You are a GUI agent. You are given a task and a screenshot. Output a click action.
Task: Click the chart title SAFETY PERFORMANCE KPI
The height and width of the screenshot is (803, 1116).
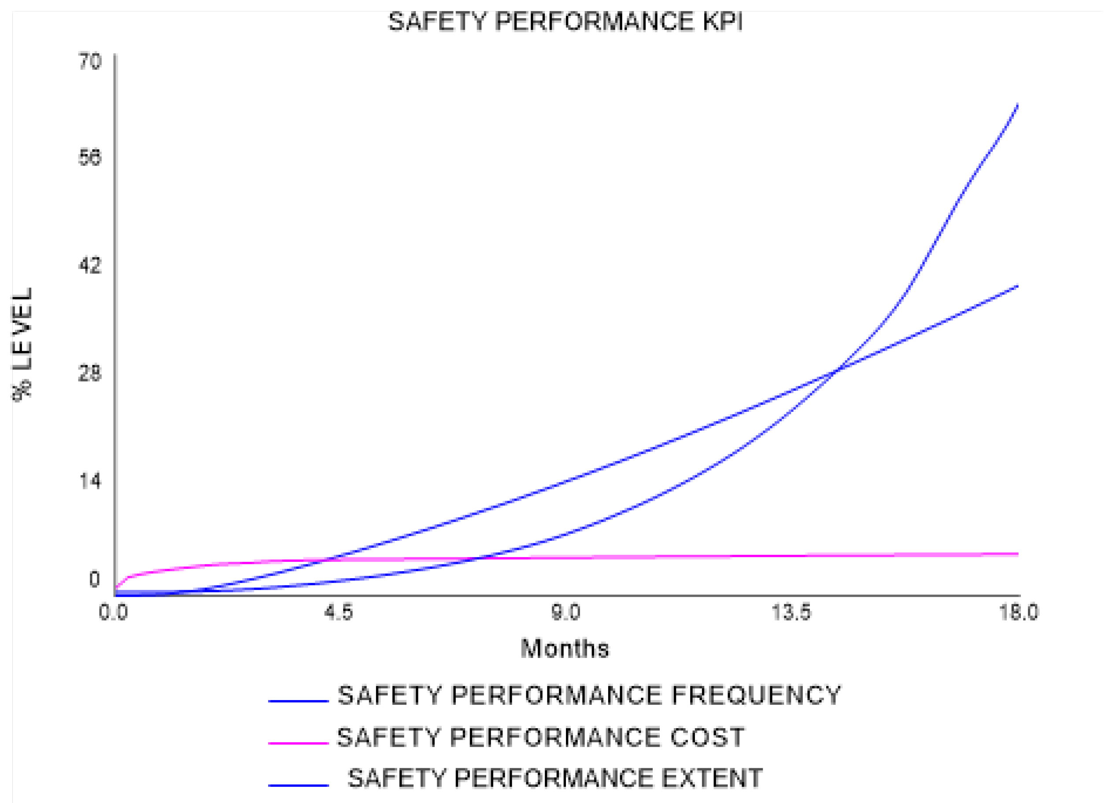click(565, 22)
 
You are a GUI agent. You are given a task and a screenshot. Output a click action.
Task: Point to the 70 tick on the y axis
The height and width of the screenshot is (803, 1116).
click(90, 62)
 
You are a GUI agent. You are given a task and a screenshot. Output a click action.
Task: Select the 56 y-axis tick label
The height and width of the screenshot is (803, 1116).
click(90, 158)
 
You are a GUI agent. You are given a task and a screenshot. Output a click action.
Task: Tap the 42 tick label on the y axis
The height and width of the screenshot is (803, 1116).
click(90, 265)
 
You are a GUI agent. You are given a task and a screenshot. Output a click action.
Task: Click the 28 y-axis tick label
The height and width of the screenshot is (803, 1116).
click(90, 373)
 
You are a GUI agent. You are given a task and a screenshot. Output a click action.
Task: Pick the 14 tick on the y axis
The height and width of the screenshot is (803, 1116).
click(90, 481)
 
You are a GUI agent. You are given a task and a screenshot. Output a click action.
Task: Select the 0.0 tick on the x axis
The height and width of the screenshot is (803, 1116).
click(114, 612)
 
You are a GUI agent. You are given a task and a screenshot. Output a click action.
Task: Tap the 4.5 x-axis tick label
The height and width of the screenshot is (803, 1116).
click(339, 612)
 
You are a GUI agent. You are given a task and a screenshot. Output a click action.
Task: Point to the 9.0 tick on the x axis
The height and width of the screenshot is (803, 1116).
click(565, 612)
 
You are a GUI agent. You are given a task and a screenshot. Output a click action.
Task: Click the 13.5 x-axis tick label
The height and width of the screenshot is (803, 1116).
click(791, 612)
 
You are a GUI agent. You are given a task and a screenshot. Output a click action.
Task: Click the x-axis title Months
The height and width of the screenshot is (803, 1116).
click(565, 649)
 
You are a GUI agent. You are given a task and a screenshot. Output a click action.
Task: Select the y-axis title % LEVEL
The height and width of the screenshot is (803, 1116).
click(22, 344)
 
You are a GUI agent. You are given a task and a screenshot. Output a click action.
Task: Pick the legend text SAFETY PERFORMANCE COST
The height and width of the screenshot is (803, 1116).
click(540, 737)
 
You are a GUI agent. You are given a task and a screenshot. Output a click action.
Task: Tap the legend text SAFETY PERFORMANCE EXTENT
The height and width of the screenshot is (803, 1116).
click(555, 778)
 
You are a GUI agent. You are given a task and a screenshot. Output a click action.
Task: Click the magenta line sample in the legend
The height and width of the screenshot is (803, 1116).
click(298, 743)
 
